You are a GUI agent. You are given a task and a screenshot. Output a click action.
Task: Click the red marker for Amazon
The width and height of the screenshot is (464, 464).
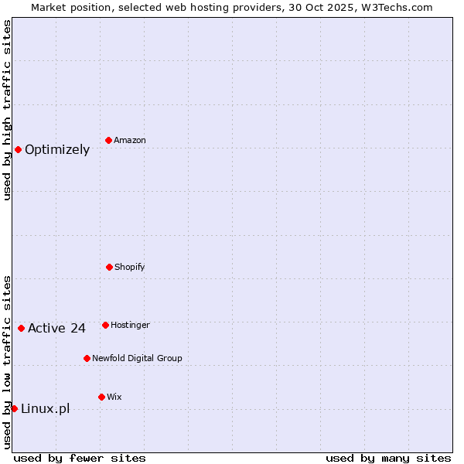(x=108, y=140)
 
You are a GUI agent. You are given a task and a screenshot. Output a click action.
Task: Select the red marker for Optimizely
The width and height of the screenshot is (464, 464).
(x=18, y=149)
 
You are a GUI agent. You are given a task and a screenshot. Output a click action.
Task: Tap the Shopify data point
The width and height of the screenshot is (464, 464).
(x=109, y=267)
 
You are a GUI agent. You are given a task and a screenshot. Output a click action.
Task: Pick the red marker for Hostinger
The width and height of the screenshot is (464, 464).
(x=105, y=325)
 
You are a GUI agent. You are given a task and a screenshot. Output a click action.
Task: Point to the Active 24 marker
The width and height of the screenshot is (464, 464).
(x=21, y=328)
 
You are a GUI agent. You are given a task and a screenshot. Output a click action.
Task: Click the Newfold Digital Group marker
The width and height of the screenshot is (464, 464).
(x=87, y=358)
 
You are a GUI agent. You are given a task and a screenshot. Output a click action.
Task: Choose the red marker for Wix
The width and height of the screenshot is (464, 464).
(x=101, y=397)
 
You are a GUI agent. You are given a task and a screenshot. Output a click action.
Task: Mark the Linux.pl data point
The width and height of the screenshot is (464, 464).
(x=14, y=408)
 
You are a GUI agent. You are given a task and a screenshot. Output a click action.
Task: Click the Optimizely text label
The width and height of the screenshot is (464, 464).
(x=57, y=150)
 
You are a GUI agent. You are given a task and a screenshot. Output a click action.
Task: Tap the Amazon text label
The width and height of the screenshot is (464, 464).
(x=130, y=141)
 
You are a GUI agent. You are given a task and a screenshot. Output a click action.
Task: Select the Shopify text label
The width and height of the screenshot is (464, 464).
(x=130, y=268)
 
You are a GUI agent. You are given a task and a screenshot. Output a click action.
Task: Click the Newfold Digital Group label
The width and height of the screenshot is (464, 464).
(x=137, y=359)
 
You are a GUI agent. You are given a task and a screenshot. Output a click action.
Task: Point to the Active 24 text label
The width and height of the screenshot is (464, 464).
(x=56, y=329)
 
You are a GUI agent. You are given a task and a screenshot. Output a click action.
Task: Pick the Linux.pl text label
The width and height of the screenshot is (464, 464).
(x=45, y=409)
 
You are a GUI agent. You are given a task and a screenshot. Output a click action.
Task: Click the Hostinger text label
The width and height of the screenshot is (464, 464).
(x=130, y=326)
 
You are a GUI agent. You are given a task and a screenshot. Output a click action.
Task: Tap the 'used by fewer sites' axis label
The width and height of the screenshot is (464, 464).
(x=80, y=458)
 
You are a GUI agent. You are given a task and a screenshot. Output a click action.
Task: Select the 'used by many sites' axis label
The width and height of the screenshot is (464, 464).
(x=388, y=458)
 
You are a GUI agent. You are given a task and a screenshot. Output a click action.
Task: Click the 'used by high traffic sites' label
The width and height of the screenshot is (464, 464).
(x=7, y=110)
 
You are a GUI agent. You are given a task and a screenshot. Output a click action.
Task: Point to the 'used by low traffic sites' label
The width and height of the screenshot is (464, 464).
(x=7, y=362)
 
